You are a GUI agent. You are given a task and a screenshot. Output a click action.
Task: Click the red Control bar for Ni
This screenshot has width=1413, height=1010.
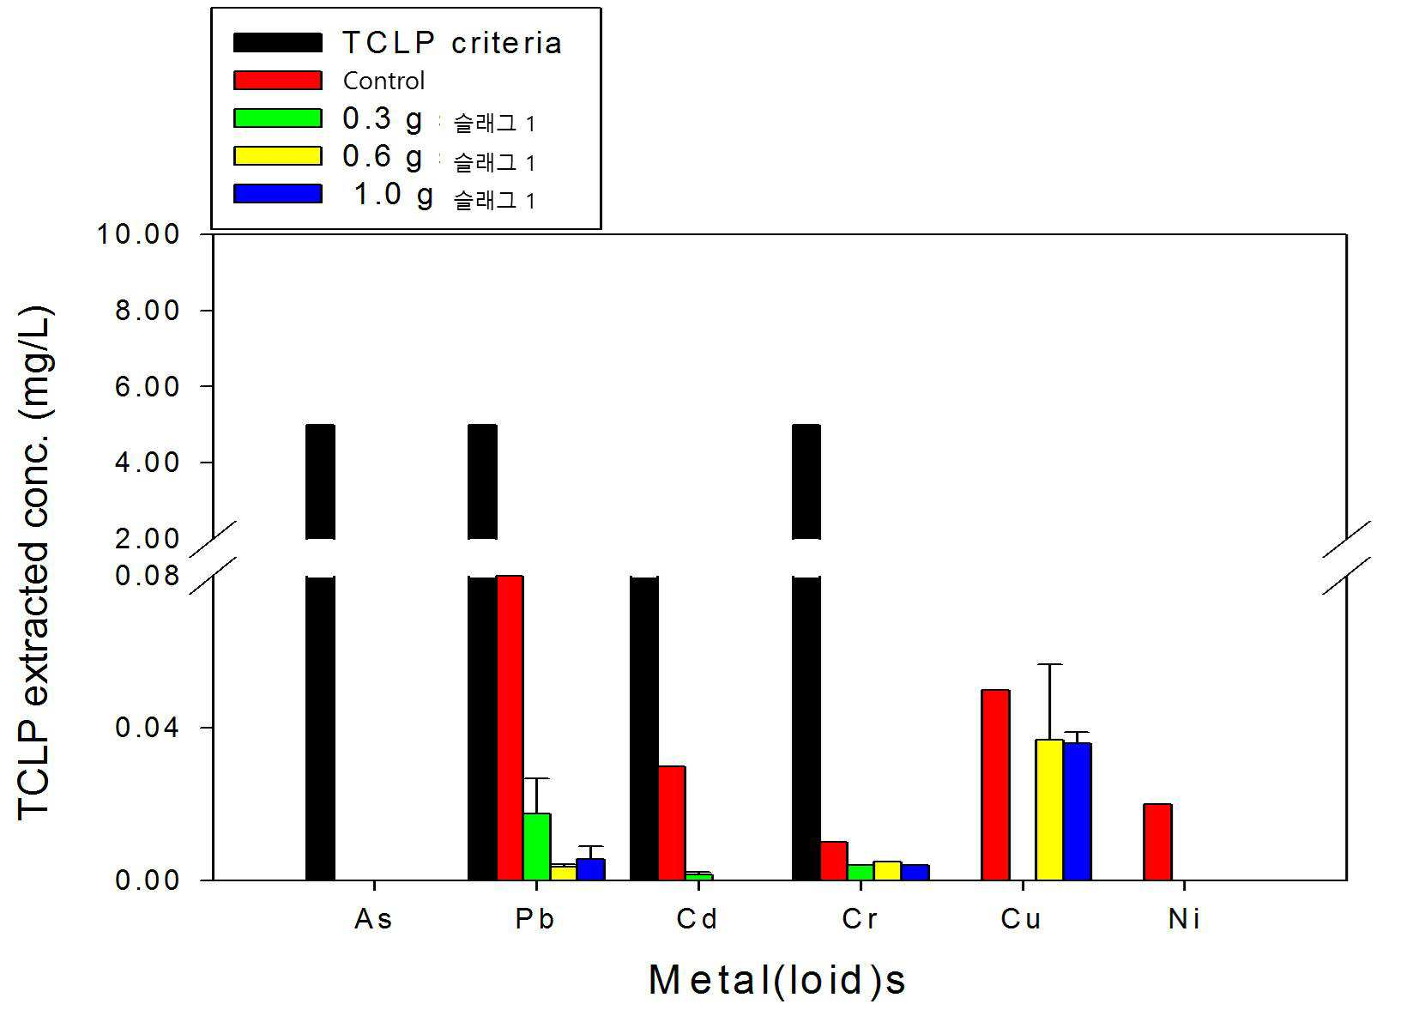point(1157,842)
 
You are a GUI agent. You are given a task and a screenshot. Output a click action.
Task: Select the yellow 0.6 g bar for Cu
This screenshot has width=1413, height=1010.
point(1049,809)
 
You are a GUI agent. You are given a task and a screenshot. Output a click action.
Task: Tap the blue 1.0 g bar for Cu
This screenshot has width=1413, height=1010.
point(1078,811)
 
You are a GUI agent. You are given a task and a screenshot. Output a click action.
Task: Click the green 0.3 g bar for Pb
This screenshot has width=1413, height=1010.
point(537,847)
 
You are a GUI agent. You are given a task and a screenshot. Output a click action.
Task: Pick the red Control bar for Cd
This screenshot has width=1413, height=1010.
point(672,823)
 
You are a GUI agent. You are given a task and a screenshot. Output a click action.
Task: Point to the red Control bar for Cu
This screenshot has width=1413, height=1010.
point(995,785)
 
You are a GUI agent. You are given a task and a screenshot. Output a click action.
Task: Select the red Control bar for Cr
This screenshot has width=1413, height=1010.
point(834,861)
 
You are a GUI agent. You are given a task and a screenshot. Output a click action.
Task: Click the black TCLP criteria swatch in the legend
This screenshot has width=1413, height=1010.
point(278,42)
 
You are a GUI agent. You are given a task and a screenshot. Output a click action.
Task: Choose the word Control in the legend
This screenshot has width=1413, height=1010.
point(383,81)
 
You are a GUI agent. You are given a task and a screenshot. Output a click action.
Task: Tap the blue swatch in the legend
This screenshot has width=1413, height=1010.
point(278,194)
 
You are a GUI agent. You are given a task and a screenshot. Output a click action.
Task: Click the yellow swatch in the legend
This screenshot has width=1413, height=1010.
point(278,156)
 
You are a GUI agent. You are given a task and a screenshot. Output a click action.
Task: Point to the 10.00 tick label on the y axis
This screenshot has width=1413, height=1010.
point(138,234)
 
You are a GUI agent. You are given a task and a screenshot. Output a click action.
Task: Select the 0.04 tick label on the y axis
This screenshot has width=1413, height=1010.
point(148,728)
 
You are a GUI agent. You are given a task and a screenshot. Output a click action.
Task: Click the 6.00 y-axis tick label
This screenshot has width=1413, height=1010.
point(148,386)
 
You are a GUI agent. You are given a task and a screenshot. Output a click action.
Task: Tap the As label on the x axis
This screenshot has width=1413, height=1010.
point(373,919)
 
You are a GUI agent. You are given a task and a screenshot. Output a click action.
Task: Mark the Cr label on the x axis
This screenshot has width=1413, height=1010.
point(860,919)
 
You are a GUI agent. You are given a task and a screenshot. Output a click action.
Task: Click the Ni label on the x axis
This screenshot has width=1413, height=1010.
point(1184,919)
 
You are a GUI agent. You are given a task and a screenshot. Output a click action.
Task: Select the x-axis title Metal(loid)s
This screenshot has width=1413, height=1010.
point(777,980)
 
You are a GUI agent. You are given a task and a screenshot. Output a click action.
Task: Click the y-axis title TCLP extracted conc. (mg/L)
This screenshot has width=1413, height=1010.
point(34,563)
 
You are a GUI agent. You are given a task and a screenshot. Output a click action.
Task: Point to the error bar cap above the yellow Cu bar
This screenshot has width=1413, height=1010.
point(1049,664)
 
